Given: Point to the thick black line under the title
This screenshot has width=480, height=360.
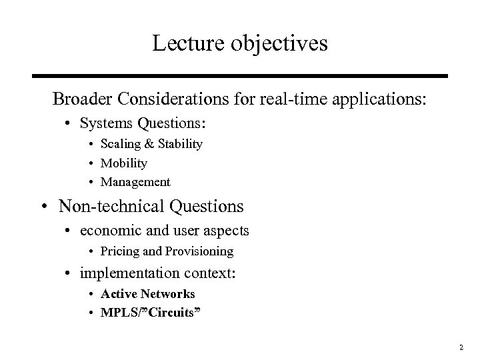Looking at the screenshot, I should tap(240, 75).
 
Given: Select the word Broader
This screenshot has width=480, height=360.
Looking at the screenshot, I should tap(81, 99).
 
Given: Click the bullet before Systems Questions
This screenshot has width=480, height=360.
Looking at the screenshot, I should tap(70, 123).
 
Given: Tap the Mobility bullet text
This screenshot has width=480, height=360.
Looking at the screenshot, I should tap(123, 163).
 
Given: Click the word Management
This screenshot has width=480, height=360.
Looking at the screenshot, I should tap(135, 182).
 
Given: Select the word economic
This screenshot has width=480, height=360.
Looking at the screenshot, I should tap(111, 231).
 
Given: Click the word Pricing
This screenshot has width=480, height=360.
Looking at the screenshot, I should tap(119, 251).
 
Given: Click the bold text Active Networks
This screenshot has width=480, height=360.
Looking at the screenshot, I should tap(147, 293).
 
